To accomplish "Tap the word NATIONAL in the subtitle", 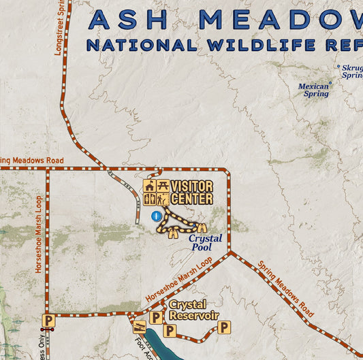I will pyautogui.click(x=139, y=46).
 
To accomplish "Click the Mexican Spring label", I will pyautogui.click(x=313, y=91).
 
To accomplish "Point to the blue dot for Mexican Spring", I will pyautogui.click(x=330, y=84).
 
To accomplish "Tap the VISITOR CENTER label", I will pyautogui.click(x=191, y=193).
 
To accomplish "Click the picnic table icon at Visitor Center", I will pyautogui.click(x=163, y=186).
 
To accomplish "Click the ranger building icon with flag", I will pyautogui.click(x=150, y=186).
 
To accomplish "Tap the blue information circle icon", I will pyautogui.click(x=157, y=216).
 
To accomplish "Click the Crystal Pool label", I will pyautogui.click(x=206, y=243).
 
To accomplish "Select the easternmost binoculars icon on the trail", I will pyautogui.click(x=202, y=227).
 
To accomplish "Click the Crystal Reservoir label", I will pyautogui.click(x=193, y=310).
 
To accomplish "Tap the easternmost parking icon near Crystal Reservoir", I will pyautogui.click(x=225, y=328).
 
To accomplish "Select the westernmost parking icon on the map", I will pyautogui.click(x=48, y=320).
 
